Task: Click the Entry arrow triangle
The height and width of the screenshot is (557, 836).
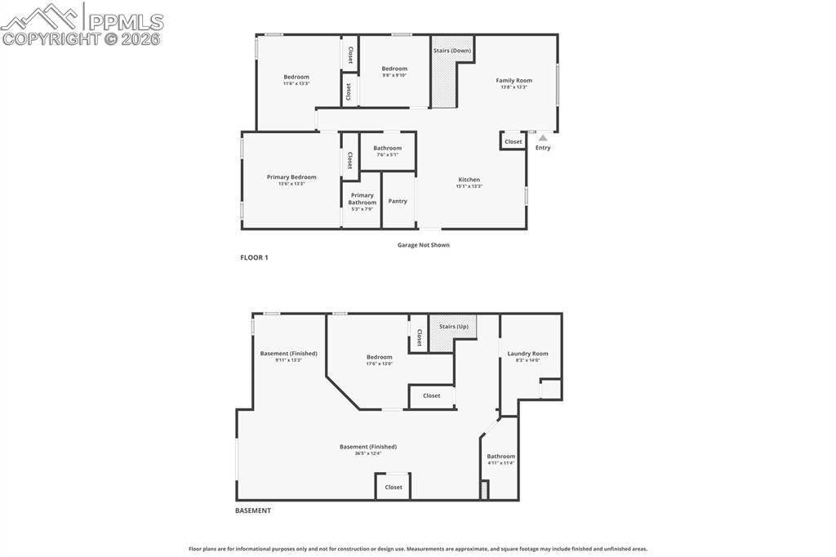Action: click(543, 138)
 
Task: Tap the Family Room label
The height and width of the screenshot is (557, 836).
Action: click(514, 80)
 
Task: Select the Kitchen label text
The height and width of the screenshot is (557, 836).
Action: click(469, 180)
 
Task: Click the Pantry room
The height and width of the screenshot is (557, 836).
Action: click(398, 201)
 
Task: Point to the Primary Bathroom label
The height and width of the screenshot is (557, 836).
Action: click(362, 198)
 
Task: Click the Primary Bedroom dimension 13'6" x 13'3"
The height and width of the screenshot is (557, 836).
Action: click(291, 184)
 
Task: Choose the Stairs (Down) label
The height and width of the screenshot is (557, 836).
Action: click(451, 51)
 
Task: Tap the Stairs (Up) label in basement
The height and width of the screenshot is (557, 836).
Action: click(453, 326)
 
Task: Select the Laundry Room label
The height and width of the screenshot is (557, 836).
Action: click(527, 354)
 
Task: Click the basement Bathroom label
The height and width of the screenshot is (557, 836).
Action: click(501, 457)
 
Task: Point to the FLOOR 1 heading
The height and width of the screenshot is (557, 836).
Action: click(254, 257)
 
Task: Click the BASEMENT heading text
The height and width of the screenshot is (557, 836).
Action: click(253, 510)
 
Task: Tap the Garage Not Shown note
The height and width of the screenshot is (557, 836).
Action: click(423, 245)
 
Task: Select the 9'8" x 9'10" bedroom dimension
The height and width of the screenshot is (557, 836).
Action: click(394, 75)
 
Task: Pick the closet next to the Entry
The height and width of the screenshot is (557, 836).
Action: click(513, 141)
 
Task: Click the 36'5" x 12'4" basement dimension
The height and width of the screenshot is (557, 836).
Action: click(368, 453)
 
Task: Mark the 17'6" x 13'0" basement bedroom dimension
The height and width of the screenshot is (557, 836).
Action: click(379, 363)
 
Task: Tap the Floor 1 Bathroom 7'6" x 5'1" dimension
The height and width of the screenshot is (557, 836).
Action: click(388, 154)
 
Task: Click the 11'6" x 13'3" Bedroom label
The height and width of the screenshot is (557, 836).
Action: click(296, 77)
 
